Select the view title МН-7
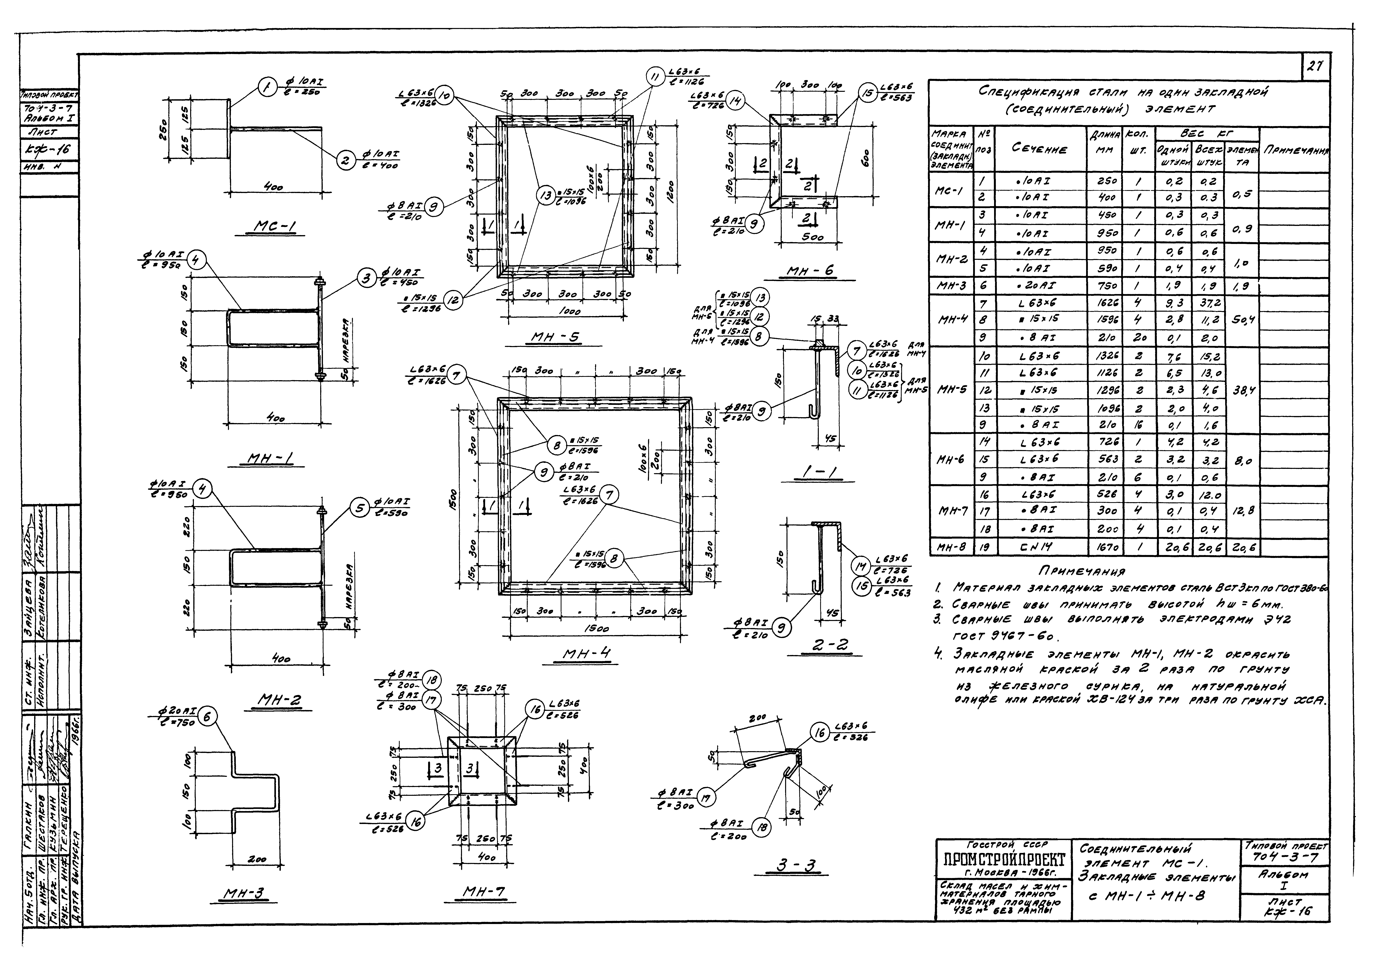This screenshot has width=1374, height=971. pos(485,893)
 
